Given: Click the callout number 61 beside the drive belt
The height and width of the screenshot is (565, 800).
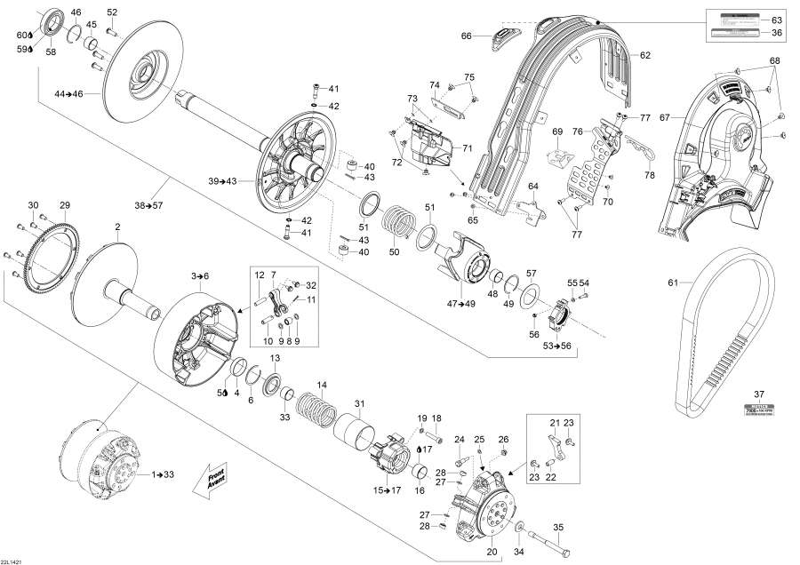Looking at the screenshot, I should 673,283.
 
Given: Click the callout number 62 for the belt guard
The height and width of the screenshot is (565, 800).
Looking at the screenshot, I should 645,55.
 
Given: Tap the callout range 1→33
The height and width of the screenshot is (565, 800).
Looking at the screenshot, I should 163,475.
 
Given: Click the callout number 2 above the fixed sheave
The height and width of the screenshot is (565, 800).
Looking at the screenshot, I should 117,227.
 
